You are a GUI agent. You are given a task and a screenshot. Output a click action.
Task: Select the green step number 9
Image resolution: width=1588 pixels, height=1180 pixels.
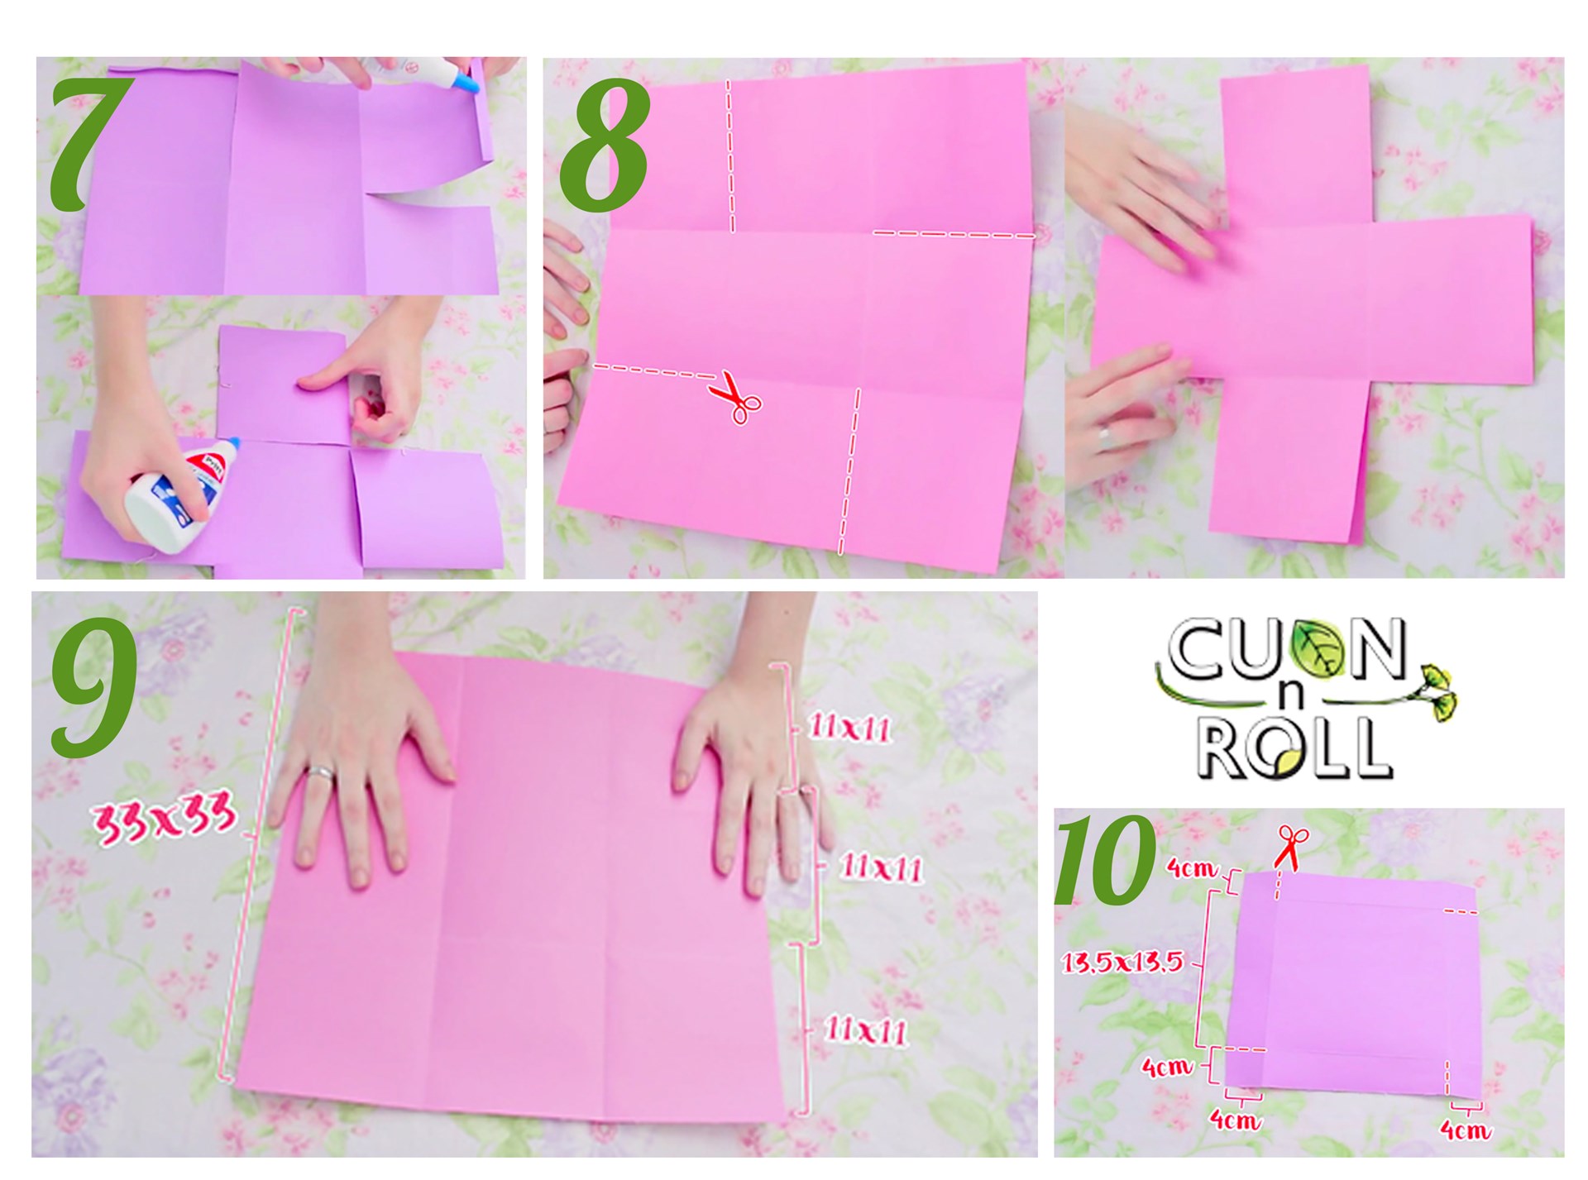pos(93,686)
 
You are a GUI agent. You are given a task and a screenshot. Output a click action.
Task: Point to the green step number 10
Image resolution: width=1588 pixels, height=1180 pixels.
pos(1104,860)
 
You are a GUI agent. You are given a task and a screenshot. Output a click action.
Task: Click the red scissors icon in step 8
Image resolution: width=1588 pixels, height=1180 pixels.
pos(736,397)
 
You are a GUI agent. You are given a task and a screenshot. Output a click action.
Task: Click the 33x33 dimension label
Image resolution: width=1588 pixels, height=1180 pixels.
pos(165,819)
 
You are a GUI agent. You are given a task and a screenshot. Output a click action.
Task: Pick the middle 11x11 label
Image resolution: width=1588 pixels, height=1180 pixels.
pos(880,868)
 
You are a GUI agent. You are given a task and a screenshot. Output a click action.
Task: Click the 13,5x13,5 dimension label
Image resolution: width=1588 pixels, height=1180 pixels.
pos(1122,963)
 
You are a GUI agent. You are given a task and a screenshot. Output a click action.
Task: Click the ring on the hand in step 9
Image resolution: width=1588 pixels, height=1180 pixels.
pos(320,773)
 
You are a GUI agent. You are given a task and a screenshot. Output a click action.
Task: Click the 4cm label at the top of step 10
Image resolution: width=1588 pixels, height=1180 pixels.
pos(1191,867)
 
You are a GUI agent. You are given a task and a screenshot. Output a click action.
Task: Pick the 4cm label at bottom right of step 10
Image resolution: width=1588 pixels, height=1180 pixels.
pos(1465,1130)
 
